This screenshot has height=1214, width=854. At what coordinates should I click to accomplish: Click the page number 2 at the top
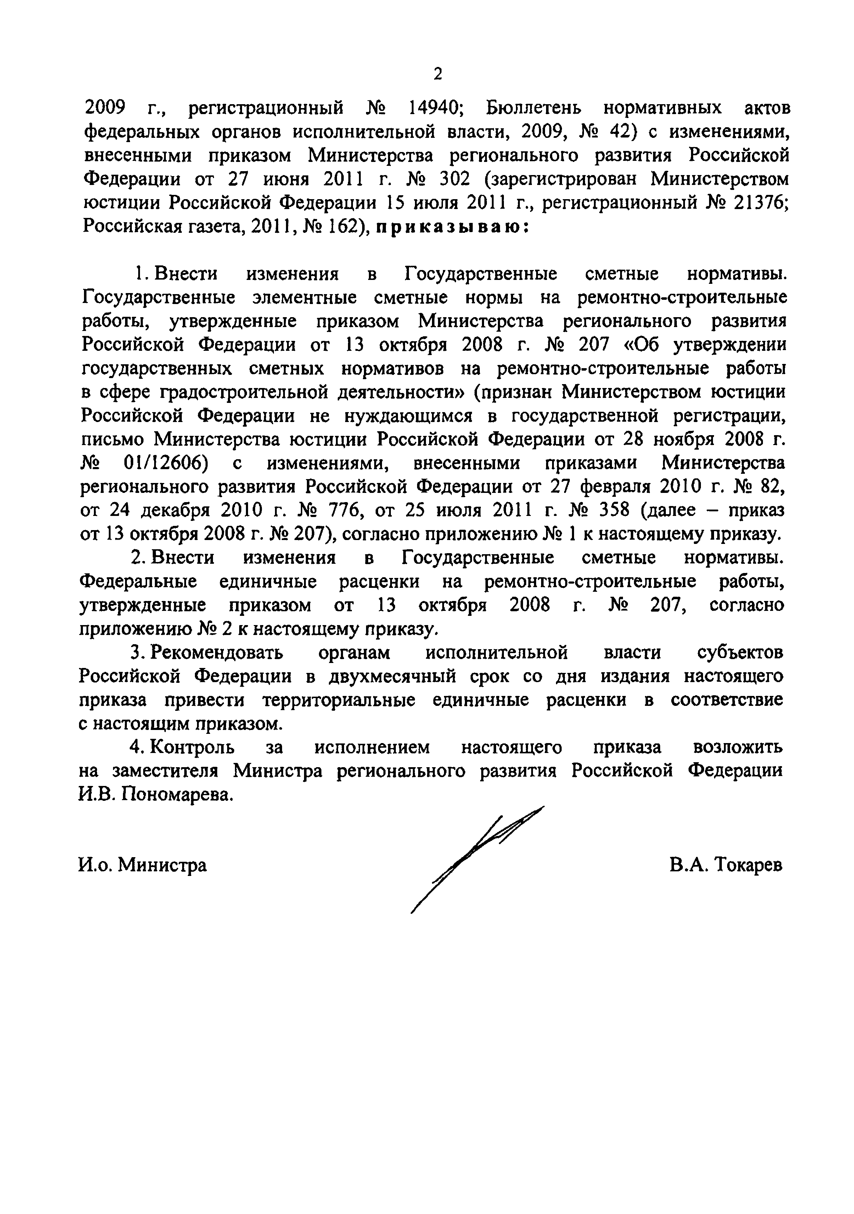437,74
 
